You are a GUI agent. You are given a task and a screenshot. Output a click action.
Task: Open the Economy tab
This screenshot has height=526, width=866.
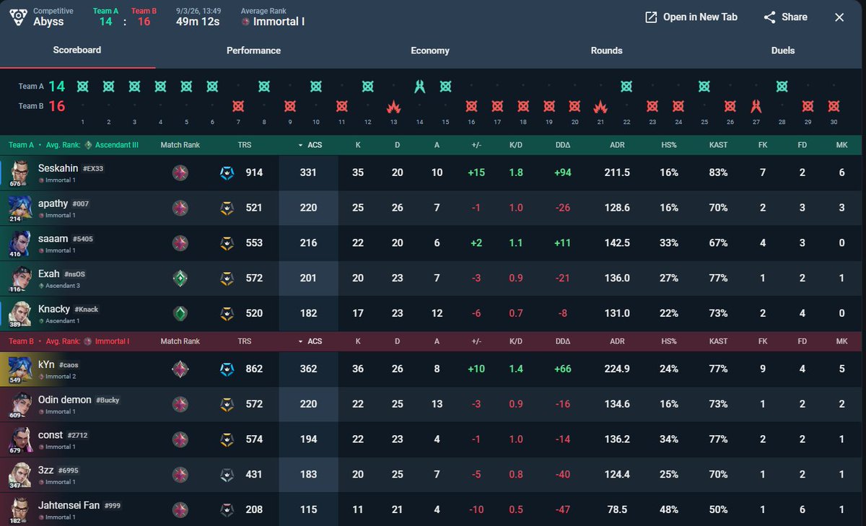(430, 51)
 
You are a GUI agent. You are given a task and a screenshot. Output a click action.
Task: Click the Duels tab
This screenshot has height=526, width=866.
(783, 51)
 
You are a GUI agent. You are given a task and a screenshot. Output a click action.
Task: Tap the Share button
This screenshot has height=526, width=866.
(785, 17)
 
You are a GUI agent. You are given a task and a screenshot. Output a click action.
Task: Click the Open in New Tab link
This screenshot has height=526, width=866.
(691, 17)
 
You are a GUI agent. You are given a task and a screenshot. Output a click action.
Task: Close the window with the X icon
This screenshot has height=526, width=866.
(839, 17)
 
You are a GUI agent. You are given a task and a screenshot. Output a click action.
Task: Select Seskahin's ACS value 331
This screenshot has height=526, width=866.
(308, 172)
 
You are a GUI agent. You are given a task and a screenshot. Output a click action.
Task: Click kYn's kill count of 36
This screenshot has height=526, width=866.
(358, 369)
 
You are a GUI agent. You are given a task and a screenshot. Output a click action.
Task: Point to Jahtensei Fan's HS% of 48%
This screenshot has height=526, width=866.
(669, 509)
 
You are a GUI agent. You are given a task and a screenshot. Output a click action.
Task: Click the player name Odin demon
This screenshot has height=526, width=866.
(64, 400)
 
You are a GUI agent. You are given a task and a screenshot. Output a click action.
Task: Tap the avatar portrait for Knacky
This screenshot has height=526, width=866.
(19, 313)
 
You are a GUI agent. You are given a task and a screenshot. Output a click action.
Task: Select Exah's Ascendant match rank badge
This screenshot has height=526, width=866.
(180, 279)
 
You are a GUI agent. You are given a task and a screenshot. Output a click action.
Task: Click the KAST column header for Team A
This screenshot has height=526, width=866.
(718, 145)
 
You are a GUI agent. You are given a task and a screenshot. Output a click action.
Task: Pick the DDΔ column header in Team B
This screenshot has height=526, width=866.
(562, 341)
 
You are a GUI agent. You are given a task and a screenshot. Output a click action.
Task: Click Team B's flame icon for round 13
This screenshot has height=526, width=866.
(393, 106)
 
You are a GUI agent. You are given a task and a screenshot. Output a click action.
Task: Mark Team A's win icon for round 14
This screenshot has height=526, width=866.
(419, 86)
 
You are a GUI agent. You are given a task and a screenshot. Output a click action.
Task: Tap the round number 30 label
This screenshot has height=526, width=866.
(834, 122)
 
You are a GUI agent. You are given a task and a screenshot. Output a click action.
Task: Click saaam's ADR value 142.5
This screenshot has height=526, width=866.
(617, 242)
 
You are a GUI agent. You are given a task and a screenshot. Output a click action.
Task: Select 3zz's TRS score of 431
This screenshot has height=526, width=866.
(253, 474)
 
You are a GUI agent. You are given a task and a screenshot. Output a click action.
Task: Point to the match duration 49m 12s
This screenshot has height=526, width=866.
(198, 22)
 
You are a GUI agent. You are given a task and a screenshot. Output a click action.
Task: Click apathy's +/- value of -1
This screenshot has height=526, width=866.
(476, 208)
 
